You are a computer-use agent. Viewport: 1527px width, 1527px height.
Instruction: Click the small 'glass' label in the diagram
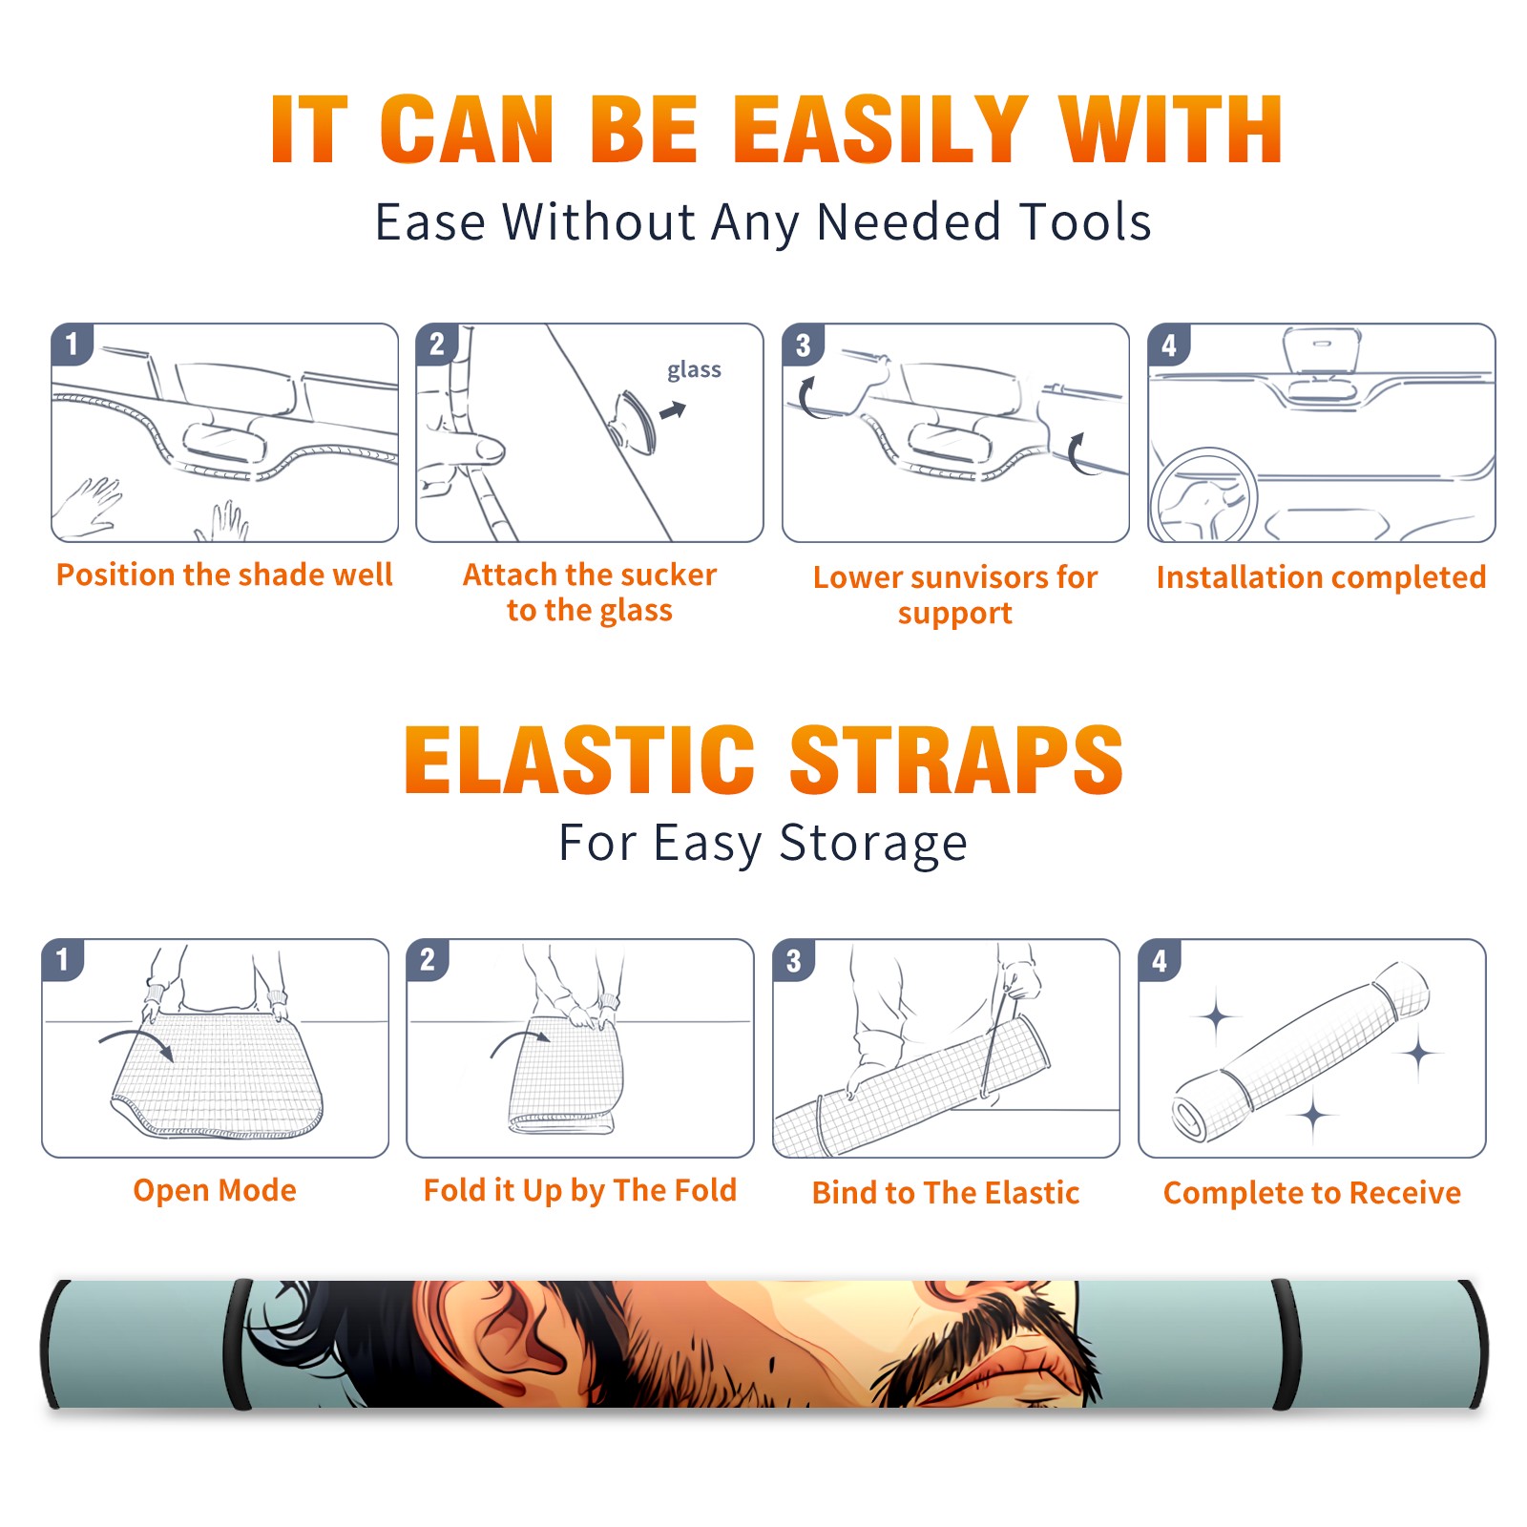[694, 369]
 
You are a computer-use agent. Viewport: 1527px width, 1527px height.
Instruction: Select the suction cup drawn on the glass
[634, 421]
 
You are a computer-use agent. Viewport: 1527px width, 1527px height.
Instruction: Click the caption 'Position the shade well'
[224, 575]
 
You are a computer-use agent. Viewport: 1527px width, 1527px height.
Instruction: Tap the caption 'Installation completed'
[1321, 577]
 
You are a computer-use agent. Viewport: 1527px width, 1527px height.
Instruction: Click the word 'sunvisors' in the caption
[968, 577]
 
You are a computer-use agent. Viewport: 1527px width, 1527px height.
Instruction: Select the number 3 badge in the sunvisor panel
[803, 345]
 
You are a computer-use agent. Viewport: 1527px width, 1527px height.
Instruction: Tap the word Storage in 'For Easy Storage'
[873, 844]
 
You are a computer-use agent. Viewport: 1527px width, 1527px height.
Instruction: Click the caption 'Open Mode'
[215, 1190]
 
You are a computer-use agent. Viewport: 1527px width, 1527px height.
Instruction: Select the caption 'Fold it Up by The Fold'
[580, 1190]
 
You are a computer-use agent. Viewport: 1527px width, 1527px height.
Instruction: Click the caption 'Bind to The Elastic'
[946, 1193]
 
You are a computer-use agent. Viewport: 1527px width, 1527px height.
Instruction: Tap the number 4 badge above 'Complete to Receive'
[1160, 960]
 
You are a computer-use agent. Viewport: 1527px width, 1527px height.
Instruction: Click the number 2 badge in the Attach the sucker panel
[437, 344]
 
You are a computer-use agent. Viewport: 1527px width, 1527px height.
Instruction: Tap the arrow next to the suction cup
[674, 410]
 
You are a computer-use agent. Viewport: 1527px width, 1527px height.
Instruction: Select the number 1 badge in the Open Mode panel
[63, 960]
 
